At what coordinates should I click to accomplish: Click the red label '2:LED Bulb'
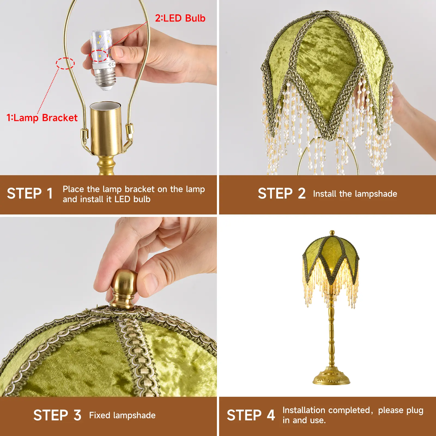click(180, 18)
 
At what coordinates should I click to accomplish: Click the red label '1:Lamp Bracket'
click(42, 118)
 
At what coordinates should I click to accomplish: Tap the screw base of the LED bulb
click(105, 80)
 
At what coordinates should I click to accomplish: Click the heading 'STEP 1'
click(30, 194)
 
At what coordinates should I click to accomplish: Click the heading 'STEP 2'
click(282, 194)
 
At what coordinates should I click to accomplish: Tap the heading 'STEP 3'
click(57, 415)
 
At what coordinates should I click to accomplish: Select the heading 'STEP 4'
click(251, 415)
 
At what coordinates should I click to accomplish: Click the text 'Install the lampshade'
click(355, 194)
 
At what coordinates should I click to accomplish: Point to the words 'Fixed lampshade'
click(122, 415)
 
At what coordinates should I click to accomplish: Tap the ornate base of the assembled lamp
click(331, 376)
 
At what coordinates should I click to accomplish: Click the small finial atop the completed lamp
click(332, 233)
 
